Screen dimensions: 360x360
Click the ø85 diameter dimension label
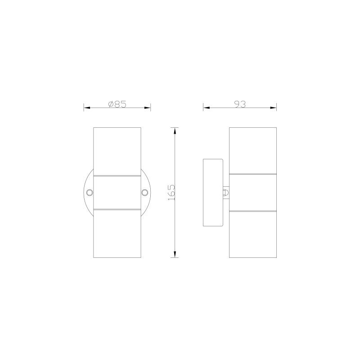tap(117, 104)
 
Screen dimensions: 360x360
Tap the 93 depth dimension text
tap(240, 104)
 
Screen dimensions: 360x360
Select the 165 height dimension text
tap(171, 193)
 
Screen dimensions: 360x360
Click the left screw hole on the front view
tap(90, 193)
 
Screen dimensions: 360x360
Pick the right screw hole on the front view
tap(144, 193)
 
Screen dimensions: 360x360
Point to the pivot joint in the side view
tap(226, 193)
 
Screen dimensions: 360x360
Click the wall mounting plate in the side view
tap(213, 193)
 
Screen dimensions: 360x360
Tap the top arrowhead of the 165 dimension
tap(175, 131)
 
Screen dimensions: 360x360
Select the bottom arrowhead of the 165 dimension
tap(175, 254)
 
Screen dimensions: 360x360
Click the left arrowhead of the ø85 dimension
tap(87, 108)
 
